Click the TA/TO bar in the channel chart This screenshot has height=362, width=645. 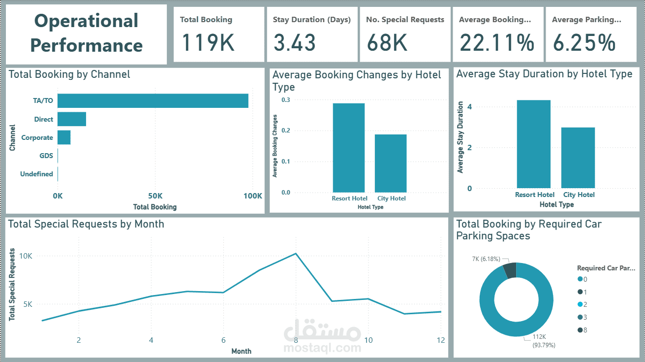pyautogui.click(x=153, y=100)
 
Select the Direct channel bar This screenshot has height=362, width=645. pyautogui.click(x=72, y=119)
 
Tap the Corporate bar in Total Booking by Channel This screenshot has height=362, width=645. pyautogui.click(x=64, y=137)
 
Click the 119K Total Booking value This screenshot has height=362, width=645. pyautogui.click(x=208, y=42)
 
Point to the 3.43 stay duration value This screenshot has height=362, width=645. pyautogui.click(x=294, y=42)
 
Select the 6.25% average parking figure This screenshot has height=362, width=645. pyautogui.click(x=584, y=42)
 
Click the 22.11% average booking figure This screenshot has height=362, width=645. pyautogui.click(x=497, y=42)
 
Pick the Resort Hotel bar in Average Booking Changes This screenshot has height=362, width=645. pyautogui.click(x=348, y=147)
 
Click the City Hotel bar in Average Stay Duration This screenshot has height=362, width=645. pyautogui.click(x=578, y=158)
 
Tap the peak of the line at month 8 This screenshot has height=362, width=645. pyautogui.click(x=296, y=254)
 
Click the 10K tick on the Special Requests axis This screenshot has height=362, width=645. pyautogui.click(x=26, y=256)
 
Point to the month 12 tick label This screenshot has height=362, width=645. pyautogui.click(x=440, y=340)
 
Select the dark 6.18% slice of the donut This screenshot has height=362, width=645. pyautogui.click(x=509, y=270)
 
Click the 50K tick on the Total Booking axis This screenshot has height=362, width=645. pyautogui.click(x=155, y=196)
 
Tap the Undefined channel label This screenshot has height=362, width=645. pyautogui.click(x=36, y=174)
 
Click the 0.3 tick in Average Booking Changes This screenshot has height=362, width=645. pyautogui.click(x=286, y=100)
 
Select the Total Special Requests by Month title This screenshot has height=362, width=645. pyautogui.click(x=86, y=224)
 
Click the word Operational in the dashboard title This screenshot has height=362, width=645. pyautogui.click(x=86, y=21)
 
